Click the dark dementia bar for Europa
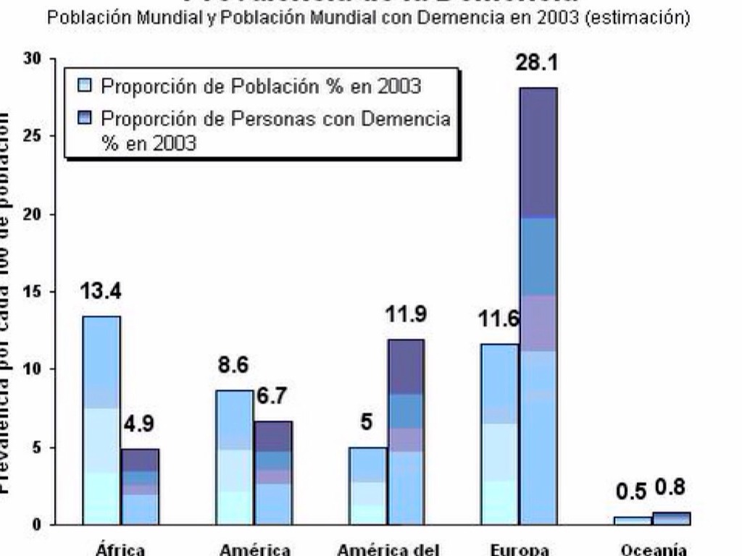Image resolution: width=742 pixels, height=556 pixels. coord(538,304)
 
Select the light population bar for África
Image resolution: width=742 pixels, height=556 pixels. coord(101,420)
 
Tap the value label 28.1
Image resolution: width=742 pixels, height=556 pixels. coord(537,64)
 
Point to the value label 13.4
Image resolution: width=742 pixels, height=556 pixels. coord(100,292)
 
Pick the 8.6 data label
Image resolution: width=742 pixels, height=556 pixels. coord(233,366)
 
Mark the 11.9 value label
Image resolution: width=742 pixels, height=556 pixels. coord(405,315)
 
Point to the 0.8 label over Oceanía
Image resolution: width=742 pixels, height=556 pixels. coord(670,488)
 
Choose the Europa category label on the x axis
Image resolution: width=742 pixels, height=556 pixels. coord(519,549)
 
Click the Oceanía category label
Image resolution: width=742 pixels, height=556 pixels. coord(654,549)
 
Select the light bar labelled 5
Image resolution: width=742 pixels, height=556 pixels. coord(367,485)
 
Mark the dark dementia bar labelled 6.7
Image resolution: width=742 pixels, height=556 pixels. coord(273,472)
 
